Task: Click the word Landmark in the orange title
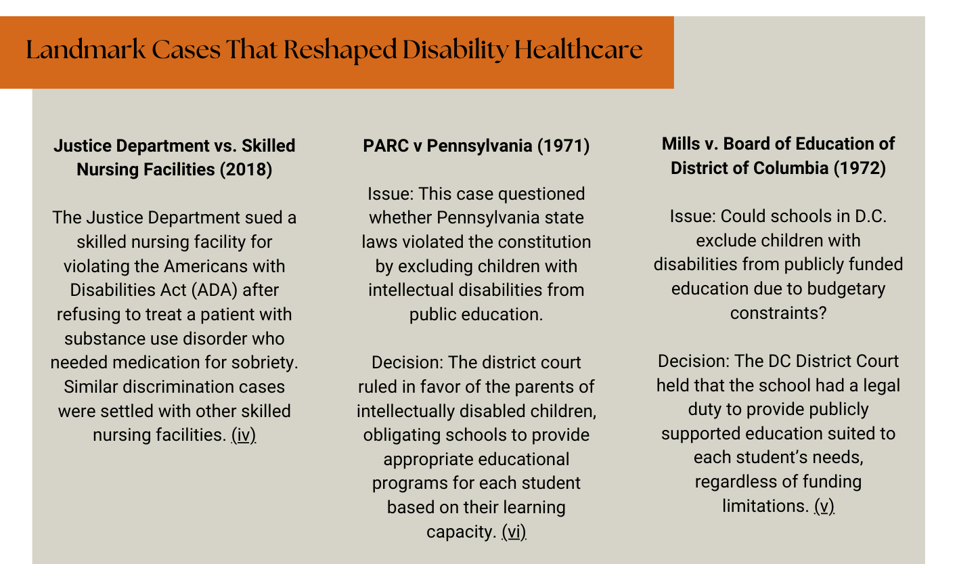point(86,49)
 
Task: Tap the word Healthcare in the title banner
point(579,49)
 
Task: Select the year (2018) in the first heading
point(246,170)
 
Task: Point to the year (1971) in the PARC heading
point(564,146)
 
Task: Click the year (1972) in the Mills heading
point(860,169)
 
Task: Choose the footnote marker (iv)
point(244,435)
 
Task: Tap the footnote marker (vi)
point(514,532)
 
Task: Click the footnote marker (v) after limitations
point(824,506)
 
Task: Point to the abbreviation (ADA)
point(215,290)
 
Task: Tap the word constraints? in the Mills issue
point(778,313)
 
